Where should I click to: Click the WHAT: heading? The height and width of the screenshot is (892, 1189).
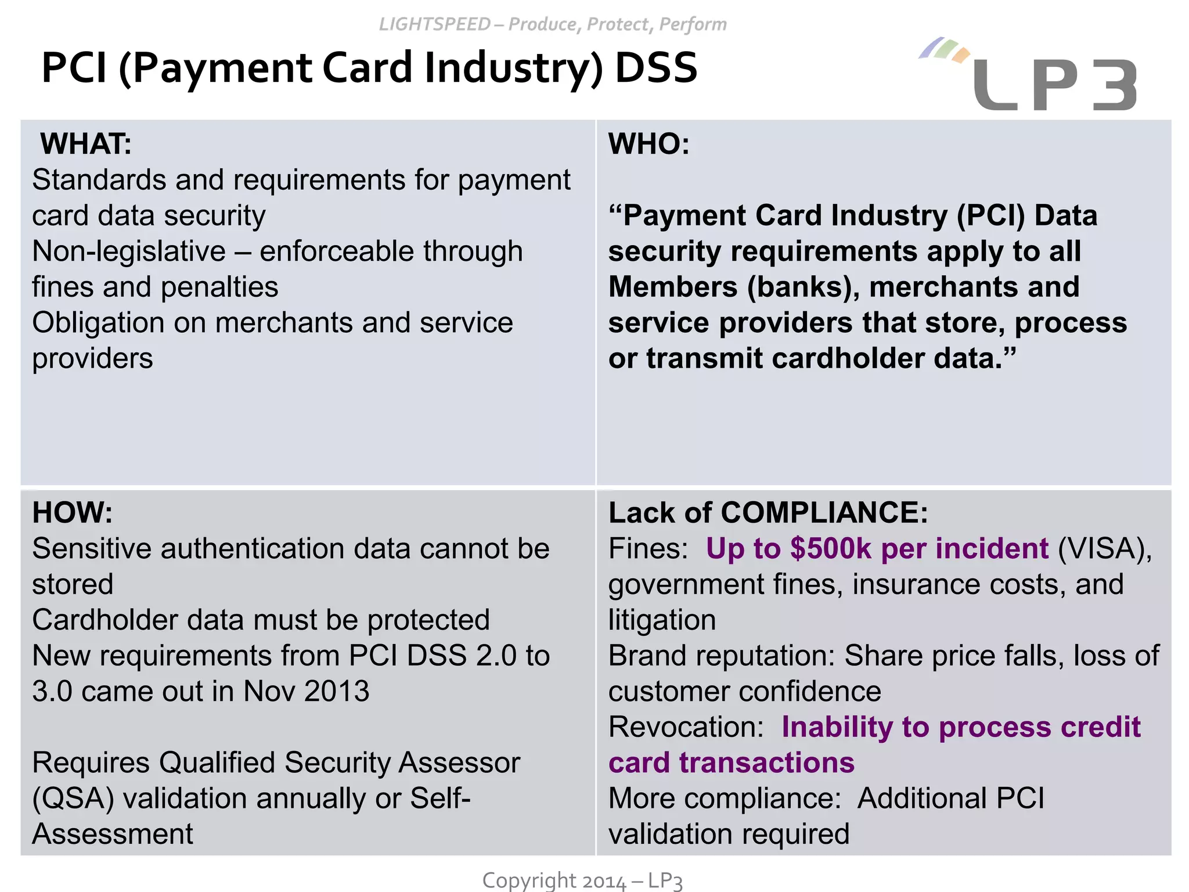86,144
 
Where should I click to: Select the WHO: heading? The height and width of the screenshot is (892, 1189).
648,144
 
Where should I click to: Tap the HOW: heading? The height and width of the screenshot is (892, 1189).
73,513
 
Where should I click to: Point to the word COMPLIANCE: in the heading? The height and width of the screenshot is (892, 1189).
824,513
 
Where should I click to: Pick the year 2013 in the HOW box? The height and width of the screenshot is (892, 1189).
337,692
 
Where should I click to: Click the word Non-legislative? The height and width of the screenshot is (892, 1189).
129,252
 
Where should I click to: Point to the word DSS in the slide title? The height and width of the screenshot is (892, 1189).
655,68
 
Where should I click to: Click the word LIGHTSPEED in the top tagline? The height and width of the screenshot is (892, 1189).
435,24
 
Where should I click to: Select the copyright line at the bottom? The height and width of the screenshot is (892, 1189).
582,880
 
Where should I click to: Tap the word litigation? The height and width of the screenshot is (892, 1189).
662,620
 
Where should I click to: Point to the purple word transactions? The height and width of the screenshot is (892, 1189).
766,763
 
